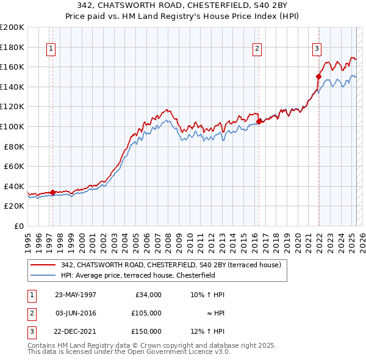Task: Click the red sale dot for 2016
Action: click(259, 121)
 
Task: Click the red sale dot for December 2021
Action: click(318, 76)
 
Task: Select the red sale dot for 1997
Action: click(52, 192)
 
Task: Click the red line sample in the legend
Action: click(43, 265)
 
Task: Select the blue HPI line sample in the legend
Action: click(43, 275)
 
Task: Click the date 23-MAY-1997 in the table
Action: click(76, 295)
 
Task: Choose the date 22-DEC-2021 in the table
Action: click(76, 331)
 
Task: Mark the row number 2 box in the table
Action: click(31, 313)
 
